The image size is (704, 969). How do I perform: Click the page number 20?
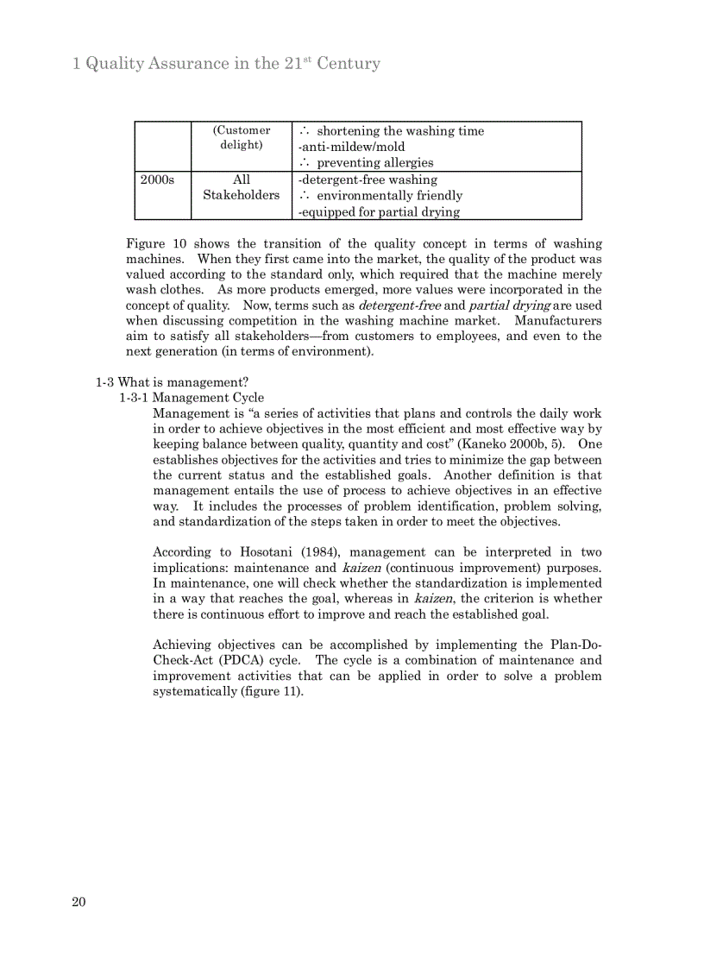[x=79, y=903]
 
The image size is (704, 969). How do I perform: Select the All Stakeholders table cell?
[x=242, y=187]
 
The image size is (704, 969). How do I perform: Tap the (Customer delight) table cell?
[x=242, y=138]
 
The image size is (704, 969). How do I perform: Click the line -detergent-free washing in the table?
[x=368, y=179]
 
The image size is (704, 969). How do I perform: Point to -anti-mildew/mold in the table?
[x=351, y=147]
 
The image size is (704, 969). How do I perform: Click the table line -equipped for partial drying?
[x=379, y=211]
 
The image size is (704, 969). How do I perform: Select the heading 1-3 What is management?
[x=172, y=382]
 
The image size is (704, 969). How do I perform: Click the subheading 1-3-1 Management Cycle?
[x=192, y=398]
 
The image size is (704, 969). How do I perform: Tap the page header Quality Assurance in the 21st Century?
[x=226, y=64]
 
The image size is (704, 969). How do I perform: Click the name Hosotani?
[x=267, y=552]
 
